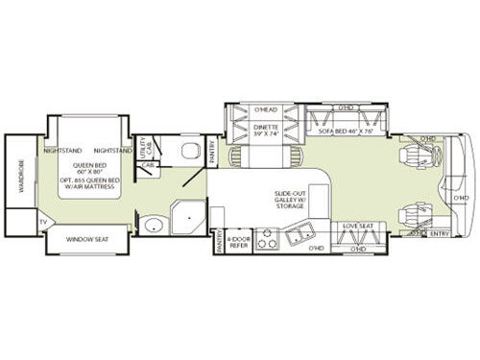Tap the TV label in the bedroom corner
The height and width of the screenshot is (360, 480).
coord(42,223)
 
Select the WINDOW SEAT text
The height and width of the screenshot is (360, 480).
coord(86,239)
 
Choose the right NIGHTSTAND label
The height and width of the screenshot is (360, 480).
coord(113,151)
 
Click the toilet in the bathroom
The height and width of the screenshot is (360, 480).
coord(188,151)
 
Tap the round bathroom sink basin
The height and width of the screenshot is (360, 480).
coord(154,226)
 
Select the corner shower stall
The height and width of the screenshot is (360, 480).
coord(188,219)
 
